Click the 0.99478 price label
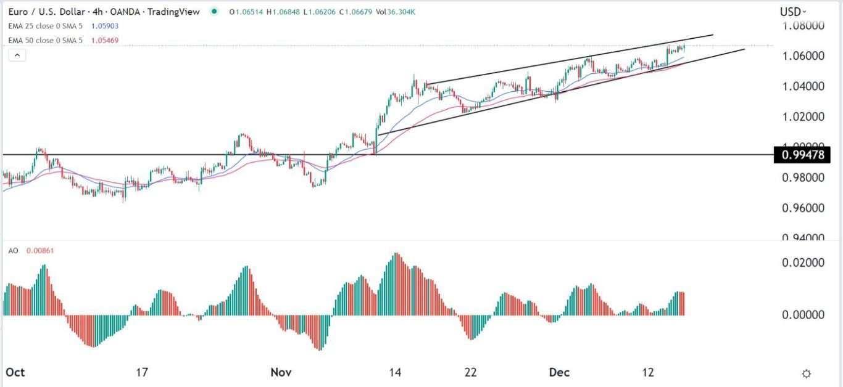tap(802, 154)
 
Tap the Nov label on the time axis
tap(281, 372)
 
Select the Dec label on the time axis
tap(560, 372)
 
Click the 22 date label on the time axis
tap(471, 372)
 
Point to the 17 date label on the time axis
tap(142, 372)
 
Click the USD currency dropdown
tap(793, 12)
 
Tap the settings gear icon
tap(806, 373)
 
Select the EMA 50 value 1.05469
tap(104, 41)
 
